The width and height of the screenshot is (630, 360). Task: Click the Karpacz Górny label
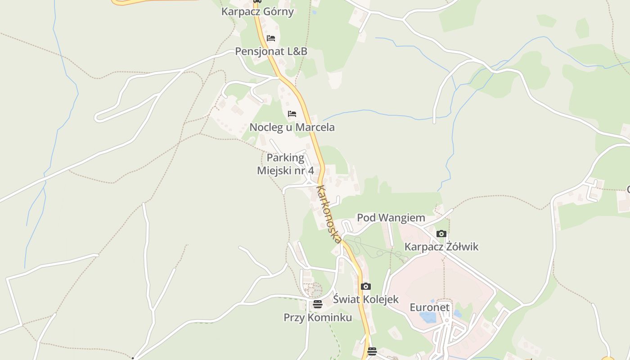pos(257,12)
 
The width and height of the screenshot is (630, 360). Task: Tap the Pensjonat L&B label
pos(271,51)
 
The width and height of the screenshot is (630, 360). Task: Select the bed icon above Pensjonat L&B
pos(270,38)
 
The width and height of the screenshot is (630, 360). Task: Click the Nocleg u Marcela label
pos(292,127)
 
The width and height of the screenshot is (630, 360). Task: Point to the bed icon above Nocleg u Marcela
pos(292,114)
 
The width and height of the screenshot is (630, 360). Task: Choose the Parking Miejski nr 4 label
pos(285,164)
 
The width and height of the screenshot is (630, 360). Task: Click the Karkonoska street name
pos(329,214)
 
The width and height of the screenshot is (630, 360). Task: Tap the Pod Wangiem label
pos(391,218)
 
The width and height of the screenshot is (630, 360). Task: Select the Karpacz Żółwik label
pos(441,247)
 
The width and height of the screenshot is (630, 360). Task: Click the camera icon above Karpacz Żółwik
pos(441,234)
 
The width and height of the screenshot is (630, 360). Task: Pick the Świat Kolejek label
pos(365,299)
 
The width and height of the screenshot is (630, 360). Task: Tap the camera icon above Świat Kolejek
pos(365,286)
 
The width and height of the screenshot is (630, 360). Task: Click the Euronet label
pos(429,307)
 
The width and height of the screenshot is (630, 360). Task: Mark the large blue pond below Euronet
pos(427,318)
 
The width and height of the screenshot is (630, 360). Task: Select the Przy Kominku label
pos(317,317)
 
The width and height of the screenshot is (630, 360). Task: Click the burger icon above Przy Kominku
pos(317,304)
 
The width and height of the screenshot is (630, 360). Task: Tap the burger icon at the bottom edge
pos(372,351)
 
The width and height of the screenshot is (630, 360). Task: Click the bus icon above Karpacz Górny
pos(257,1)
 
